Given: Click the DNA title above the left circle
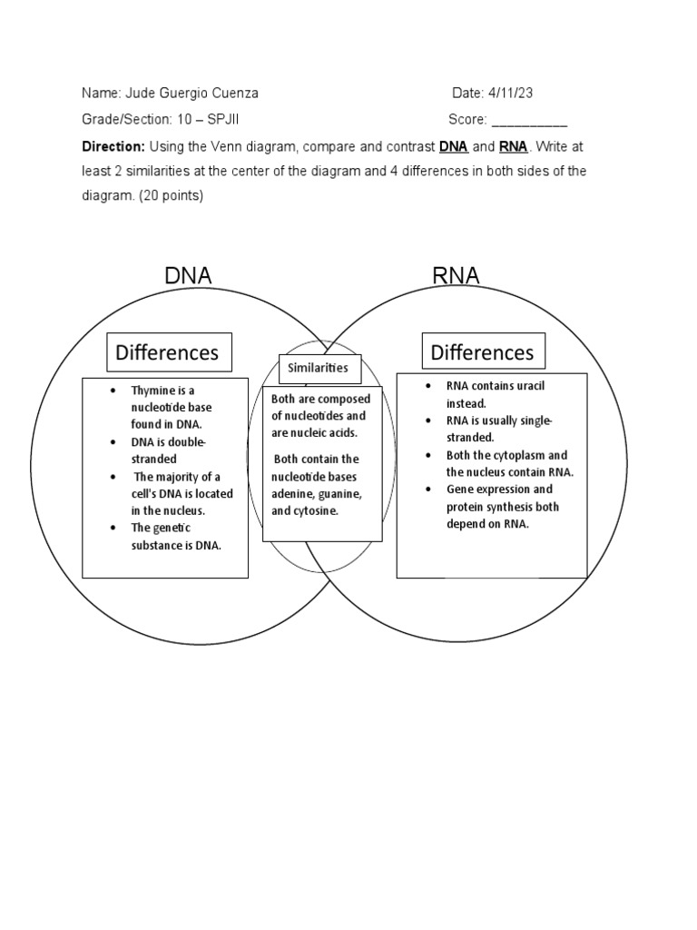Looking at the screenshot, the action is (188, 276).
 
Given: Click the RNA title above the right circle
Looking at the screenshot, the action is (456, 276).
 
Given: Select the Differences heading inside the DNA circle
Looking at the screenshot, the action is (169, 352).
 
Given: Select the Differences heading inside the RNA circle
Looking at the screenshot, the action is (482, 351).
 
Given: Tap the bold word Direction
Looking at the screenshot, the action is (113, 146).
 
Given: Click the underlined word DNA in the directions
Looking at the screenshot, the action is (454, 146).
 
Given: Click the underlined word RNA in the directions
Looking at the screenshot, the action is (513, 146).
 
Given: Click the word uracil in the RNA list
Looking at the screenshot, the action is (526, 386).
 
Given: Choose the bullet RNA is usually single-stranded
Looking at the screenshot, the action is (499, 429).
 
